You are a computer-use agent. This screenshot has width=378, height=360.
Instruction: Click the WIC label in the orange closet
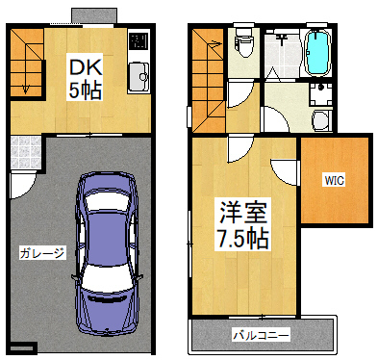334,179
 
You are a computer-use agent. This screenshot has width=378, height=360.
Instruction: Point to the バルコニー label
260,336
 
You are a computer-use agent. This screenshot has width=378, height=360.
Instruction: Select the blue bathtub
316,54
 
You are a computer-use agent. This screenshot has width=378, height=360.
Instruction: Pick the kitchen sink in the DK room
139,74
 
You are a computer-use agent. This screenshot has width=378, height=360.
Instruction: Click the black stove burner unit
139,42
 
